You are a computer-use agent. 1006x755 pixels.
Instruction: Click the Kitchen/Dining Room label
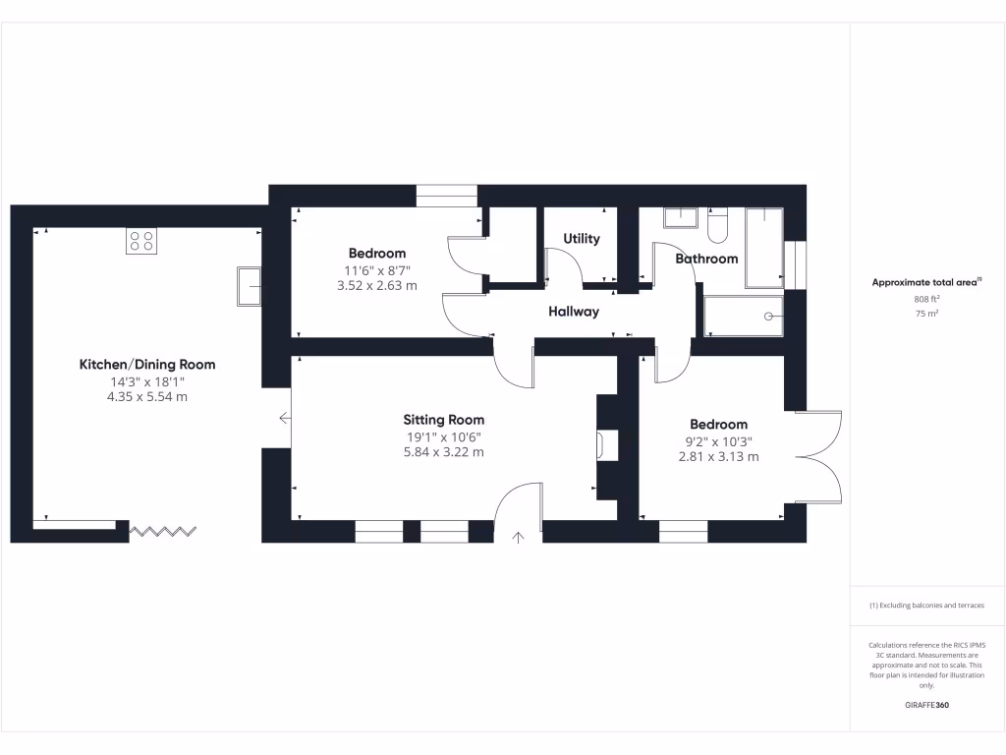(147, 365)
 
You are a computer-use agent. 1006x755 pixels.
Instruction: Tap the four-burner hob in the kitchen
(141, 241)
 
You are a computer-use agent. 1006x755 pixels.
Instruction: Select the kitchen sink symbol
(249, 286)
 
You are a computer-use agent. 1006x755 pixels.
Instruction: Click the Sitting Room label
(447, 420)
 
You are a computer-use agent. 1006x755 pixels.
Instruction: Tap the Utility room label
(581, 239)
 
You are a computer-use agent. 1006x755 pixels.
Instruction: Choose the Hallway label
(574, 312)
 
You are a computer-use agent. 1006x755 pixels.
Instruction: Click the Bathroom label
(706, 259)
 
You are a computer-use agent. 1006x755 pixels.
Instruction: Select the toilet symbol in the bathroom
(715, 227)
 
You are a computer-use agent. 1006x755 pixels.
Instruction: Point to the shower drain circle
(769, 316)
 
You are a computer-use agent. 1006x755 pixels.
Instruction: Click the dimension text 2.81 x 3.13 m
(718, 456)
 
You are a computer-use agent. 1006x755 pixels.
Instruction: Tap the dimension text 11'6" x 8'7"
(374, 270)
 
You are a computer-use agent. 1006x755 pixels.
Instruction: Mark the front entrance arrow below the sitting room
(519, 537)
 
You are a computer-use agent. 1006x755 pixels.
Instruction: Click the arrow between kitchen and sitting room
(285, 418)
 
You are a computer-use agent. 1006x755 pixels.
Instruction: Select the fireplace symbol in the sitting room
(600, 445)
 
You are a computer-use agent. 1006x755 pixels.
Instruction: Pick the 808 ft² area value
(925, 299)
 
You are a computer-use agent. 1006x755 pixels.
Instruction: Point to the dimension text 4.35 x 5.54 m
(147, 397)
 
